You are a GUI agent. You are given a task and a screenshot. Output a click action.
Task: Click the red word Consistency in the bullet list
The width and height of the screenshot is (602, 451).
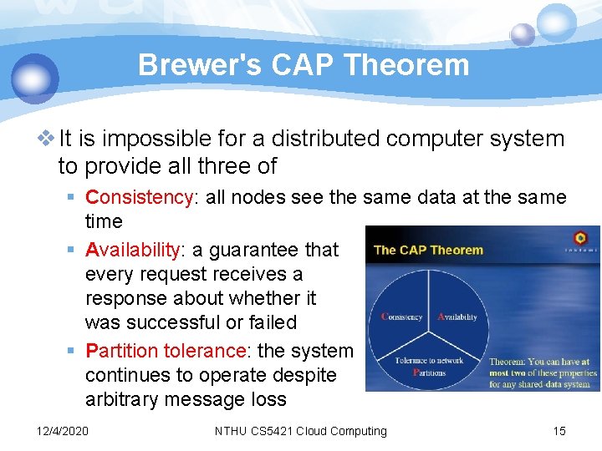(x=139, y=197)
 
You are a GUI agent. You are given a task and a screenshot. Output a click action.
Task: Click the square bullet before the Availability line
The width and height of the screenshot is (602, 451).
(x=75, y=250)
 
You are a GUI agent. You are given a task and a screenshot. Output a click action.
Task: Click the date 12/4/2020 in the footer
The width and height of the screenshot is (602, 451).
(x=63, y=431)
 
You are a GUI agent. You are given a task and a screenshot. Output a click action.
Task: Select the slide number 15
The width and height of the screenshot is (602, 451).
(x=559, y=431)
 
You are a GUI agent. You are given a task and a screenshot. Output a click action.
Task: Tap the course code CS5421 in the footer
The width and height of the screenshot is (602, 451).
(x=273, y=431)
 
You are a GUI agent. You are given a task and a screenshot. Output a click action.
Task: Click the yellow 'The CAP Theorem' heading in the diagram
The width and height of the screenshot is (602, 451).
(x=428, y=250)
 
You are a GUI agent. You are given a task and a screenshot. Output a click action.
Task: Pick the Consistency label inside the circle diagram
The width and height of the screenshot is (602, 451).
(x=402, y=317)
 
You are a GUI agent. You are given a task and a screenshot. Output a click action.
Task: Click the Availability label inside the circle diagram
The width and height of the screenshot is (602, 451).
(x=457, y=317)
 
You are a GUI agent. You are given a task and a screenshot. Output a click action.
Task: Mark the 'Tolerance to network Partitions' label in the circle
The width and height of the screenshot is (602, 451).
(x=429, y=366)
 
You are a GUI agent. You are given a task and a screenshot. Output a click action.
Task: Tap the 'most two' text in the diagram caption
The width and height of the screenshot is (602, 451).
(x=510, y=372)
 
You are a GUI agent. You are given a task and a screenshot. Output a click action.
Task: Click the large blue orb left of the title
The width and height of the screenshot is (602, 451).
(x=35, y=78)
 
